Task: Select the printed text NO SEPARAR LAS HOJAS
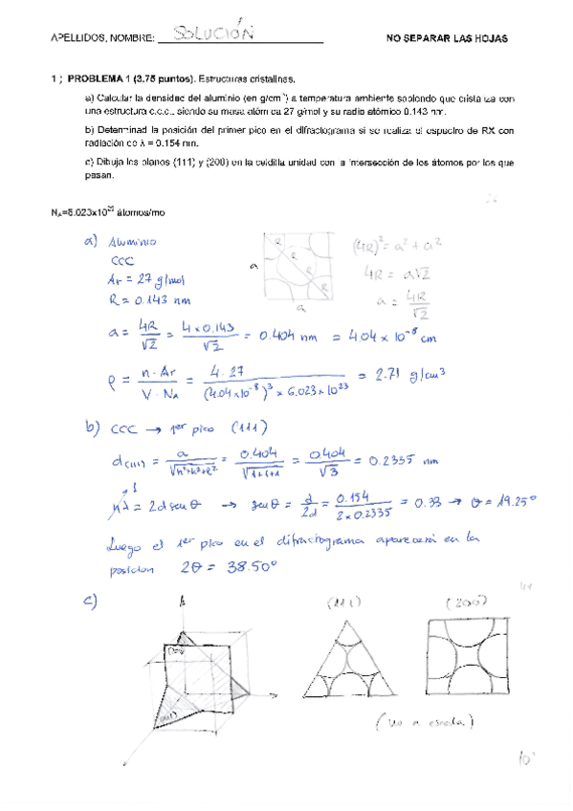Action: tap(447, 38)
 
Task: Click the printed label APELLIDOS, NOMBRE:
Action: tap(101, 38)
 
